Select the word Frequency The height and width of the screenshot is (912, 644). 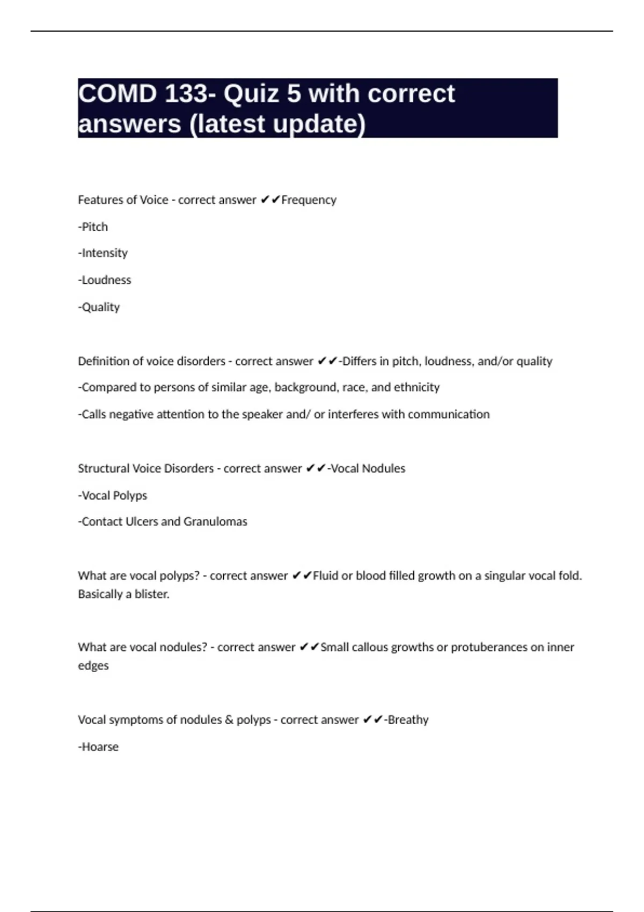pos(309,200)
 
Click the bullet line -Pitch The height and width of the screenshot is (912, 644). pos(93,227)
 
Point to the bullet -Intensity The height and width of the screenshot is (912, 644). pos(103,253)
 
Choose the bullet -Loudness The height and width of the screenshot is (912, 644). pos(105,280)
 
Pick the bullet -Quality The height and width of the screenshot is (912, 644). pos(99,307)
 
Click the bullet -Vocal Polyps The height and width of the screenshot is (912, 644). pos(113,496)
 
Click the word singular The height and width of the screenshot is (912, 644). pos(505,576)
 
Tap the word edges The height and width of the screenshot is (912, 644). pos(93,666)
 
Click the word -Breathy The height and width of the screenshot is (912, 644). pos(406,720)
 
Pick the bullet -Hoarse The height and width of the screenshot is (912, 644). pos(98,747)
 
